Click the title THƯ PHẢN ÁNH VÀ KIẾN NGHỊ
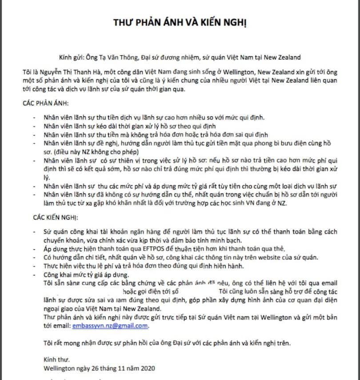[180, 23]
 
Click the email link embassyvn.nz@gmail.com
[109, 326]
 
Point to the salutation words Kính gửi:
[71, 57]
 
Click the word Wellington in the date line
[59, 368]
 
